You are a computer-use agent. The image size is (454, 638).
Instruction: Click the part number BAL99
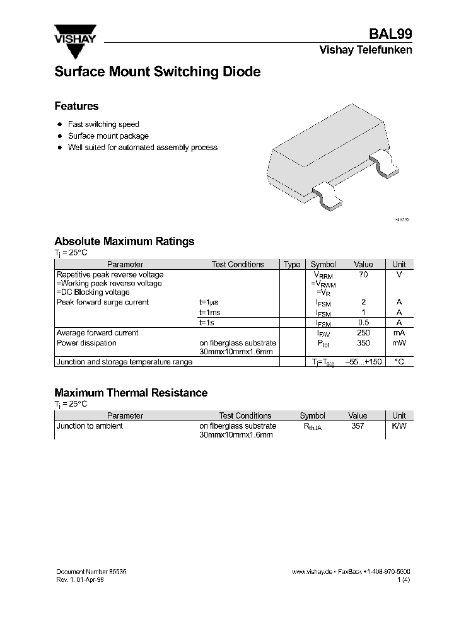point(395,35)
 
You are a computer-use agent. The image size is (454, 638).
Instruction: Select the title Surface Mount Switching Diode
point(157,72)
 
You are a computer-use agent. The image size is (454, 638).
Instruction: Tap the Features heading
point(76,107)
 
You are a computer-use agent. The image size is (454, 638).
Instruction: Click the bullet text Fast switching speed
point(103,125)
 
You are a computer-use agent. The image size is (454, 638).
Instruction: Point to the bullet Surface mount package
point(108,136)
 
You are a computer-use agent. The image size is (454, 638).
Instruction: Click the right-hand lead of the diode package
point(385,162)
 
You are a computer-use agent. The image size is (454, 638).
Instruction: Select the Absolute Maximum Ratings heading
point(124,241)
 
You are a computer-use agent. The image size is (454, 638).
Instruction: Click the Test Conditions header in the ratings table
point(237,265)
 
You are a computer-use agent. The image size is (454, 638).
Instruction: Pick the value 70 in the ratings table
point(363,275)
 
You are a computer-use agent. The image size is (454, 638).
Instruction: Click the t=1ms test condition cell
point(211,313)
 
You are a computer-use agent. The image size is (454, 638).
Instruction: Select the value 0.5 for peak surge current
point(363,323)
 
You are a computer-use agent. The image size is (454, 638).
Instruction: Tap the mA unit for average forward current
point(399,333)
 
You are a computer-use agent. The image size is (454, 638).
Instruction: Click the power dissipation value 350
point(363,343)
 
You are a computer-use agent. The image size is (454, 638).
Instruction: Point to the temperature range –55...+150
point(364,362)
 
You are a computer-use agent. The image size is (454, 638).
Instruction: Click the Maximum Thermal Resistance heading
point(131,393)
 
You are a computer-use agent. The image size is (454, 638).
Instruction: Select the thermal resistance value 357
point(358,426)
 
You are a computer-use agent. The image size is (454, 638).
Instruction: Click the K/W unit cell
point(399,426)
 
